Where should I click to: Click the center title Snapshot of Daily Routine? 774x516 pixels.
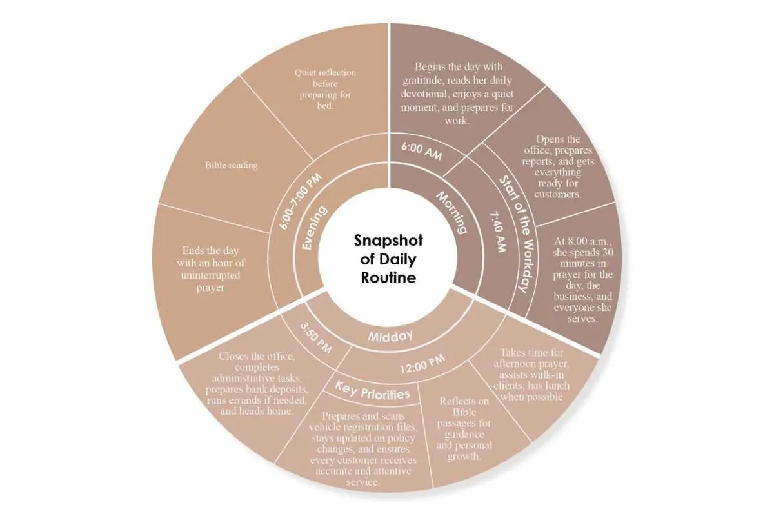pos(388,259)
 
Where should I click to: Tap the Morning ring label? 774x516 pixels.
pos(452,212)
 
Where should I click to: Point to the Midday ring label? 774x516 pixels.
pos(390,336)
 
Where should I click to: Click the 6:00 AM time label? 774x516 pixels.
pos(422,152)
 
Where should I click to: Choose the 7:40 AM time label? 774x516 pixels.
pos(498,232)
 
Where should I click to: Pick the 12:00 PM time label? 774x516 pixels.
pos(422,364)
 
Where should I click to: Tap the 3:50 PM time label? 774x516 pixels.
pos(316,338)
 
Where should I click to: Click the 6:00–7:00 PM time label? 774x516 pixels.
pos(301,201)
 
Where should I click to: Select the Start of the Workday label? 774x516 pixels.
pos(518,234)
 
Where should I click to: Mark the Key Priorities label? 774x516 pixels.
pos(373,391)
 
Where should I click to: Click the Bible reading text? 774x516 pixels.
pos(231,165)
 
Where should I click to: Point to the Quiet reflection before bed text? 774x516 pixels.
pos(325,89)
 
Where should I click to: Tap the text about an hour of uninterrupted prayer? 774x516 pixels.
pos(211,269)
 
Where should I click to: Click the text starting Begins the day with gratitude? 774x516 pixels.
pos(457,94)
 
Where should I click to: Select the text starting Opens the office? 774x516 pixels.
pos(558,166)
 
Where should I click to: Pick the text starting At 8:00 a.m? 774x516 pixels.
pos(582,279)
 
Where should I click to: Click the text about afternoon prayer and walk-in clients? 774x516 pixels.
pos(531,375)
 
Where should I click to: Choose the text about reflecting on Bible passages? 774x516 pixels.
pos(464,428)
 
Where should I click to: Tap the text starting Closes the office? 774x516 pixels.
pos(257,384)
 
